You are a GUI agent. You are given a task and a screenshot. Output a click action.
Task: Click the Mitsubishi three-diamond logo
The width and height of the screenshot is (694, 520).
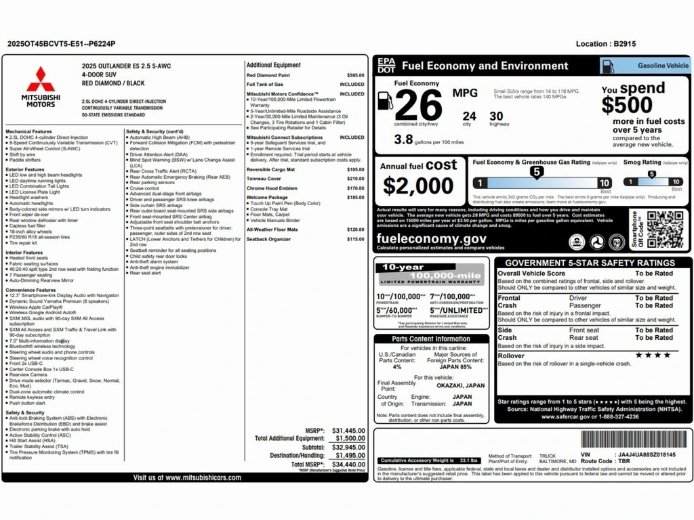(41, 79)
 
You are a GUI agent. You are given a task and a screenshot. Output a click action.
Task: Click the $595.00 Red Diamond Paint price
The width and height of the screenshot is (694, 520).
(355, 75)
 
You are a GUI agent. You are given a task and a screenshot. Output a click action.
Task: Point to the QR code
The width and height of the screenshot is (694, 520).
(666, 229)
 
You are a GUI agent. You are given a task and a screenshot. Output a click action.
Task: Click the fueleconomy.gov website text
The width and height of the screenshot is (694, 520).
(432, 238)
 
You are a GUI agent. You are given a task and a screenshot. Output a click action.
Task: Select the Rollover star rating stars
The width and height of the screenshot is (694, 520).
(653, 355)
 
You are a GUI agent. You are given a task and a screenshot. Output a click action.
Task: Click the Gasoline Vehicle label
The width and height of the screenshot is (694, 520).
(663, 66)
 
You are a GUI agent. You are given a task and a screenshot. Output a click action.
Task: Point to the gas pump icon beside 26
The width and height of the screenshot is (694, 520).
(384, 100)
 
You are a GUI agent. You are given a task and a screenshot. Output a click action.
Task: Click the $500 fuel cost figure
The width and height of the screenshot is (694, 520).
(627, 106)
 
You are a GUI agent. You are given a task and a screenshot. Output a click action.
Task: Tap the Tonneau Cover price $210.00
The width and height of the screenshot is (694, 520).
(355, 179)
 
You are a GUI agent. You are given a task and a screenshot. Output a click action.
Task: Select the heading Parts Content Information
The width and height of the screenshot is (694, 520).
(431, 339)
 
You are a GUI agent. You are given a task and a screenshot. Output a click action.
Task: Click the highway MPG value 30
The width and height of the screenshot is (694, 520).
(496, 116)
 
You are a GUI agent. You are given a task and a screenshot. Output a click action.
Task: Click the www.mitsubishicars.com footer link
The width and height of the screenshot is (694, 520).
(186, 477)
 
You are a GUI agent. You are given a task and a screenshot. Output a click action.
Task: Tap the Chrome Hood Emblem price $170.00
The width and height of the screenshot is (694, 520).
(355, 188)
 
